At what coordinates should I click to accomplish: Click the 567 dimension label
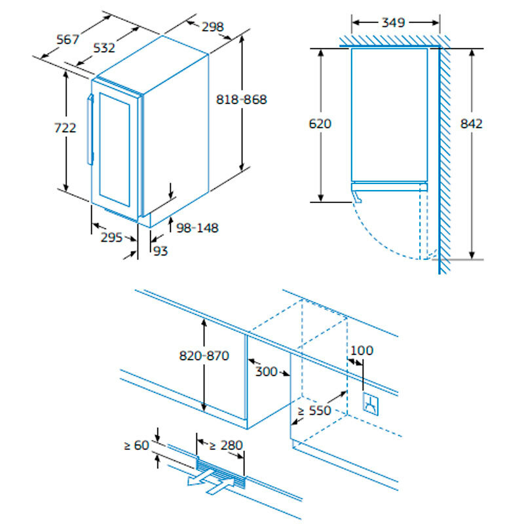[67, 39]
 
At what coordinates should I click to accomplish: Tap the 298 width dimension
[212, 27]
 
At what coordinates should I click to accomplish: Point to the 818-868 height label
[242, 100]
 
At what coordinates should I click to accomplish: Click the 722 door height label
[65, 128]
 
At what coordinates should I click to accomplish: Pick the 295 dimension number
[111, 238]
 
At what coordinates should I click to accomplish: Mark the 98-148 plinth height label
[198, 228]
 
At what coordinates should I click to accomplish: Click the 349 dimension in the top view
[393, 22]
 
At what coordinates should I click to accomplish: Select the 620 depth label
[321, 123]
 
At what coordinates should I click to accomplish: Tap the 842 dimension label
[471, 123]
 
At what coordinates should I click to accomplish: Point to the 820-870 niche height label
[204, 356]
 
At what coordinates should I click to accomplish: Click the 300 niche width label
[267, 372]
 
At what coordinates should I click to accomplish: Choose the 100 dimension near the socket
[361, 350]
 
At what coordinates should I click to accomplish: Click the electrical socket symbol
[371, 403]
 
